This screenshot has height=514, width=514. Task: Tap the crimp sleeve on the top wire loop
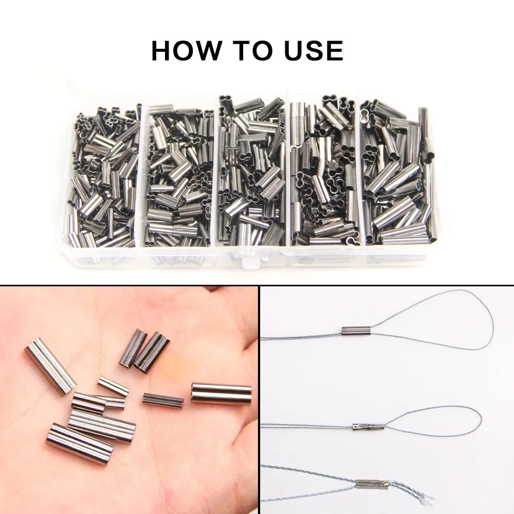pyautogui.click(x=356, y=330)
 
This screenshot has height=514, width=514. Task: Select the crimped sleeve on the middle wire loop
pyautogui.click(x=366, y=427)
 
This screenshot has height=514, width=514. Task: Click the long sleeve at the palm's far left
pyautogui.click(x=50, y=366)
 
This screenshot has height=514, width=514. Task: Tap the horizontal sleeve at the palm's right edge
pyautogui.click(x=221, y=394)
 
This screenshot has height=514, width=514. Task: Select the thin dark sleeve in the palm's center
pyautogui.click(x=163, y=400)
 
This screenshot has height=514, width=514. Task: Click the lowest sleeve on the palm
pyautogui.click(x=80, y=439)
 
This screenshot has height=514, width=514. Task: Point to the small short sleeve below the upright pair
pyautogui.click(x=114, y=387)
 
